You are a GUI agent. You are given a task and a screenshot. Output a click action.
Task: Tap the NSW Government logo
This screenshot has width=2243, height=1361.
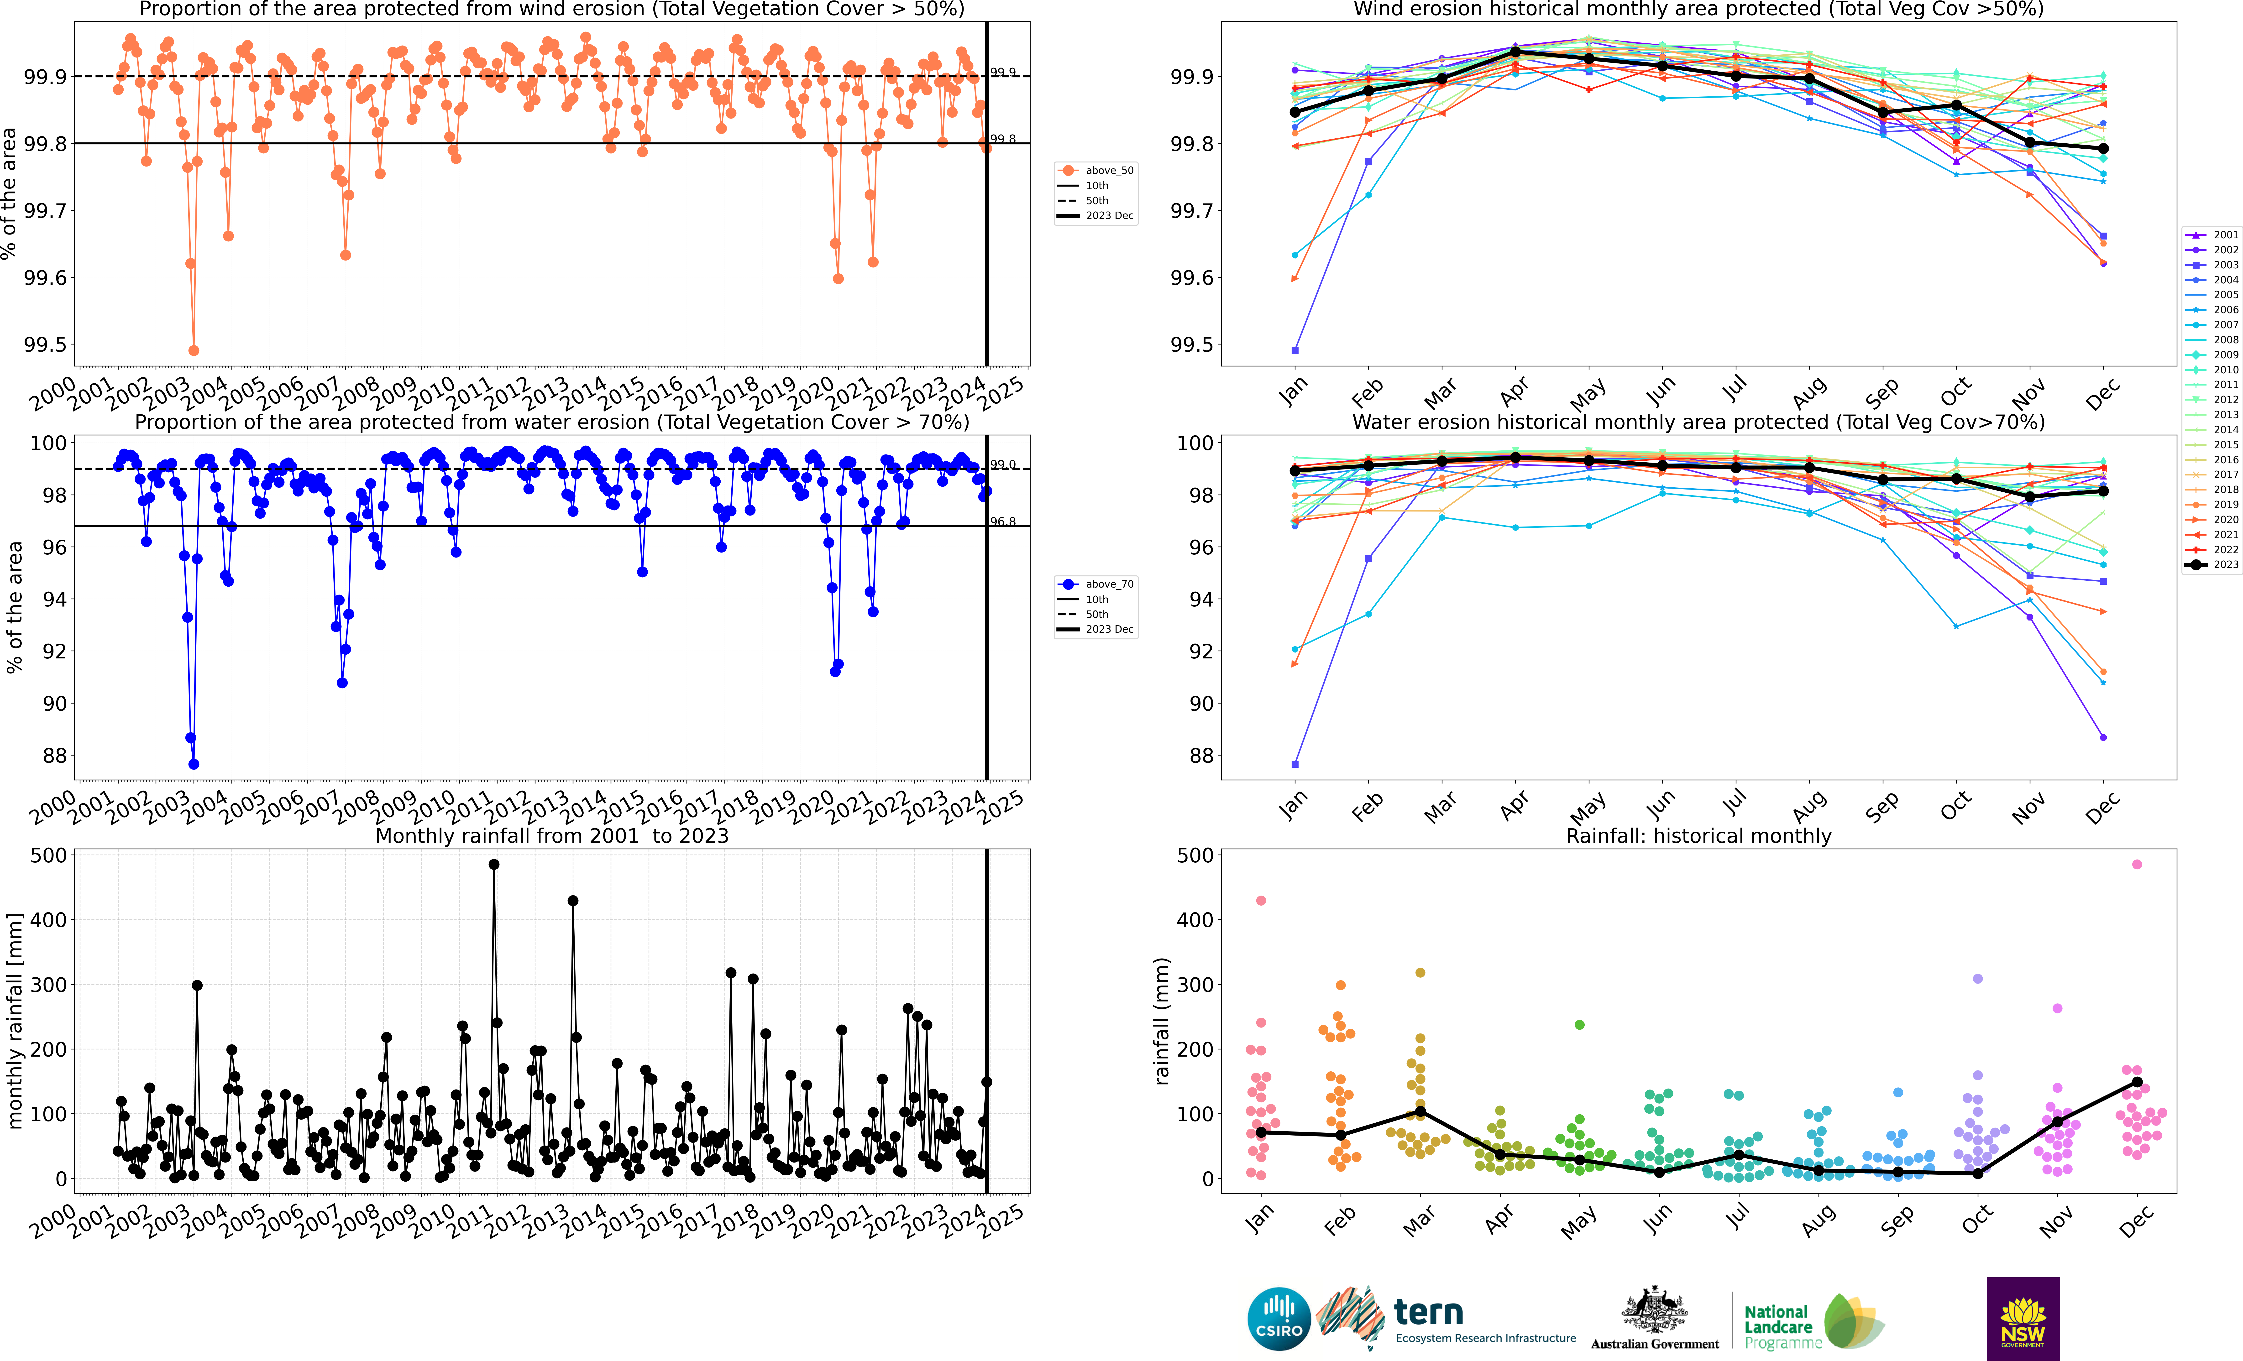pyautogui.click(x=2023, y=1318)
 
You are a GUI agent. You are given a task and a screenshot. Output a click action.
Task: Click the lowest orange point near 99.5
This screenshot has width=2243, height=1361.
pyautogui.click(x=193, y=350)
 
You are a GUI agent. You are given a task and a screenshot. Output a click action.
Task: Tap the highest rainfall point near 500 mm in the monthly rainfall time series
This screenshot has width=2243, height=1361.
pyautogui.click(x=493, y=865)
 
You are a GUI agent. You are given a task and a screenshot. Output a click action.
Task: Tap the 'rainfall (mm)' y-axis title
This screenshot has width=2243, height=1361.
pyautogui.click(x=1162, y=1022)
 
